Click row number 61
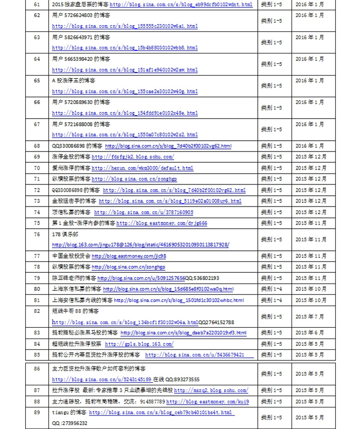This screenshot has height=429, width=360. [x=37, y=4]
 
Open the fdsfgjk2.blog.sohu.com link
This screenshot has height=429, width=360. [x=133, y=157]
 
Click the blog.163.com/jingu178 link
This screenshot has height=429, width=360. [x=140, y=245]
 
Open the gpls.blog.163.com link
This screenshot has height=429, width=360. [x=139, y=344]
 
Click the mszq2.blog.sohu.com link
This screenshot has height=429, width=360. [x=211, y=390]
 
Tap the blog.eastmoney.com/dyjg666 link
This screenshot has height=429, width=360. [x=161, y=223]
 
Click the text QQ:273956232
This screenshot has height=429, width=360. [x=69, y=423]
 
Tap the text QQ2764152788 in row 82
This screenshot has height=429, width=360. [x=216, y=322]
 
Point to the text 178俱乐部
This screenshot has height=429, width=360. [x=63, y=234]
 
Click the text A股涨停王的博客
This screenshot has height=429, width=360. [x=74, y=81]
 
